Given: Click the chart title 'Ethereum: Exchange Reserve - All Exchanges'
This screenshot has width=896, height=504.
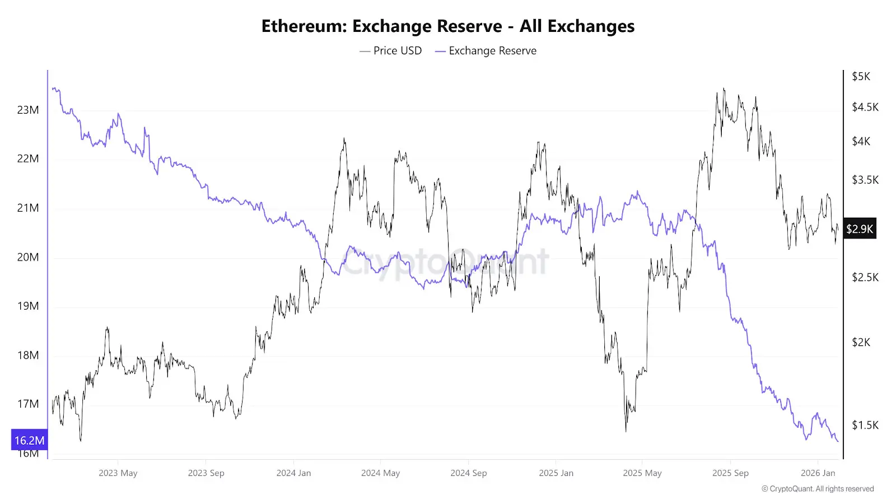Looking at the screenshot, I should [x=448, y=26].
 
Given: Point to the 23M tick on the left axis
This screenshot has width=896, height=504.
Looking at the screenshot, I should [x=28, y=110].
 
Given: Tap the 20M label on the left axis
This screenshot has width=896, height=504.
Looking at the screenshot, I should [x=28, y=257].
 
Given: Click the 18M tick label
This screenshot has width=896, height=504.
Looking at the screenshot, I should [x=28, y=355].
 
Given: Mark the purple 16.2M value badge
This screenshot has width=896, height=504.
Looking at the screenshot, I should [x=29, y=440].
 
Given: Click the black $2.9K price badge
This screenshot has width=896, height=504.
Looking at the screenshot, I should [x=860, y=228].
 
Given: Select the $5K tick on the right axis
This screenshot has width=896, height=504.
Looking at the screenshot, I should [x=861, y=76].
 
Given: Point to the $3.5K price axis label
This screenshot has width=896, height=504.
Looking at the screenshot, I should [x=865, y=180].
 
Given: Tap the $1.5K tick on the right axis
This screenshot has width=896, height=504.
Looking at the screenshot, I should [x=865, y=425].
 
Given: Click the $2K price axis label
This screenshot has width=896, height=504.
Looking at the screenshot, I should [x=861, y=342].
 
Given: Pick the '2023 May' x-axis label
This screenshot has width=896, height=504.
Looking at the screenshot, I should [x=118, y=473].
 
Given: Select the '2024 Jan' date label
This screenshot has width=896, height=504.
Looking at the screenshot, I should [x=293, y=473].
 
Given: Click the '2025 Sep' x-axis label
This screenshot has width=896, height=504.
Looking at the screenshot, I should [x=730, y=473].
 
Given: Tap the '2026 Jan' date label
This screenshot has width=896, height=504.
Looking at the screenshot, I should [x=818, y=473].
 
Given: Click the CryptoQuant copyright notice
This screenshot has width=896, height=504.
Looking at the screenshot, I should [x=818, y=489].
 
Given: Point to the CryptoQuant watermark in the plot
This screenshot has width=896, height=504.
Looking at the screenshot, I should [x=445, y=262].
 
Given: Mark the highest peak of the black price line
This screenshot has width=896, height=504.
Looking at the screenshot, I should [x=724, y=88].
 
